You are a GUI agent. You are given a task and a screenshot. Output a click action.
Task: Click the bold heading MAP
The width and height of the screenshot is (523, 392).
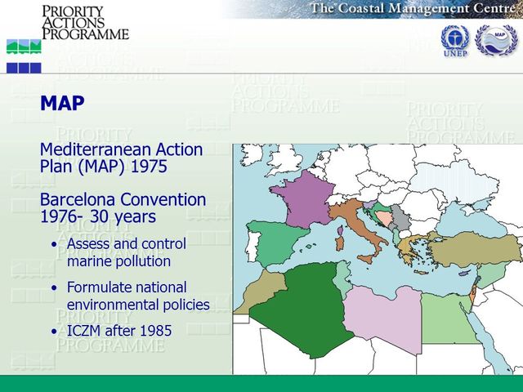(62, 105)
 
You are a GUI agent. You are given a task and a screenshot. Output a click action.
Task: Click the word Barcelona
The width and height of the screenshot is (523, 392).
(78, 200)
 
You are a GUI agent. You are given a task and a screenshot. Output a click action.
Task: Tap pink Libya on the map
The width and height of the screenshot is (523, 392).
(379, 318)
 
